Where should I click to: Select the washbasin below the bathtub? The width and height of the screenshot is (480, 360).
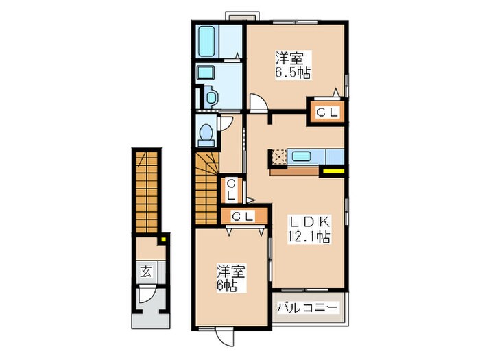205,73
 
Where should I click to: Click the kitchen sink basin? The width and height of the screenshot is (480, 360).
302,156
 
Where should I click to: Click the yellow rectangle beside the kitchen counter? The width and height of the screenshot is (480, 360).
334,171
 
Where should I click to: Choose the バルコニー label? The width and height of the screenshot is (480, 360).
307,308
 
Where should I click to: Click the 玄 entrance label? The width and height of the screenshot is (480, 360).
146,270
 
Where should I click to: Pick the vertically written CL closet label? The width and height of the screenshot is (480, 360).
232,189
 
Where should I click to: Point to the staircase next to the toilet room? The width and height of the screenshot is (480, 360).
205,189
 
